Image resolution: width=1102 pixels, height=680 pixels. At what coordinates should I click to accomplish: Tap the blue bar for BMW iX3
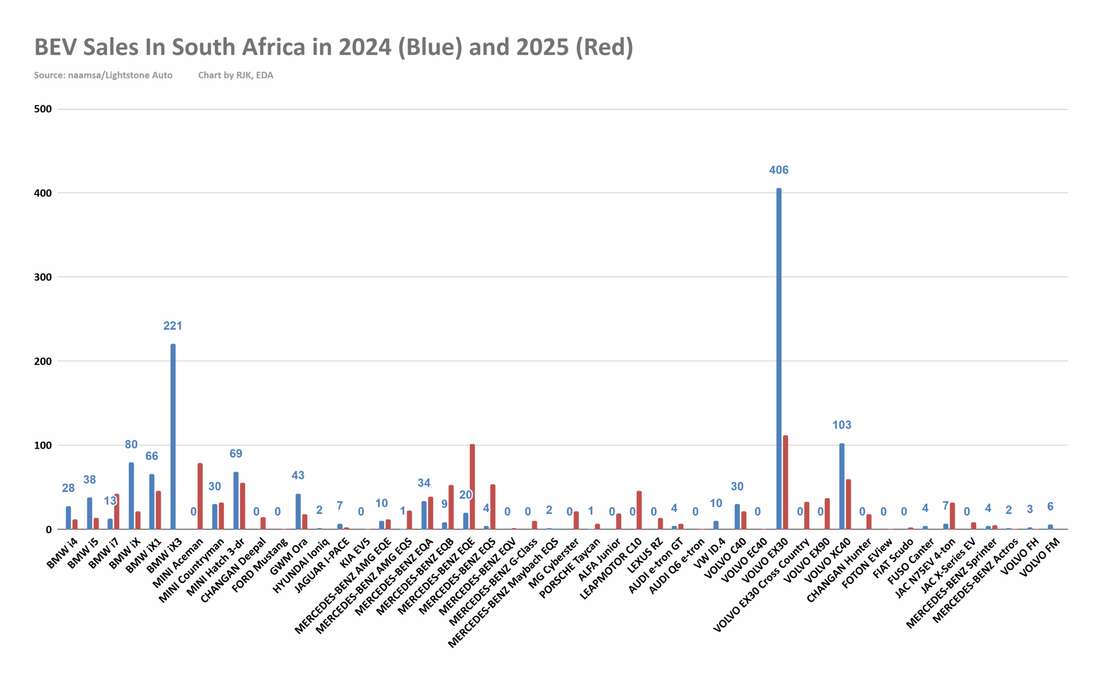click(x=173, y=436)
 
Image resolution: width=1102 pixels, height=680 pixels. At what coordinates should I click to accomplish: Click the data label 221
click(x=173, y=326)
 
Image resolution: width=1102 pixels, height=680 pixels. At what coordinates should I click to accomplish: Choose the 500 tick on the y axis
click(x=43, y=109)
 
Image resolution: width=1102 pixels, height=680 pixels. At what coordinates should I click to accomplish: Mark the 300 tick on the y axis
click(x=43, y=277)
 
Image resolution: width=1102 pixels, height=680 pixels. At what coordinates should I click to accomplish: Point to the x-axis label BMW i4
click(x=62, y=554)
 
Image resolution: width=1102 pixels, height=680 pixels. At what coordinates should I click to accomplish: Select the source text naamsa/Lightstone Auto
click(x=120, y=75)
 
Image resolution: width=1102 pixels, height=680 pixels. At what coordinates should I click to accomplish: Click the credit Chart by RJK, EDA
click(x=236, y=75)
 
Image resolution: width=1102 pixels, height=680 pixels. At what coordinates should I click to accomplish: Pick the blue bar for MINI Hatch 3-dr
click(x=236, y=501)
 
